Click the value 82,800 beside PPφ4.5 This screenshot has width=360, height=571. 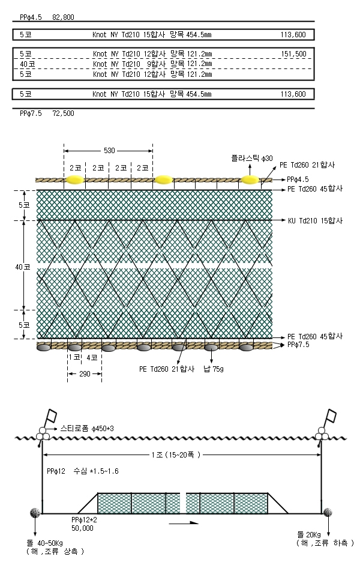[x=64, y=17]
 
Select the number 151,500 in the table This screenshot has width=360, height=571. [x=294, y=54]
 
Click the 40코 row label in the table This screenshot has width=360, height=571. [x=28, y=64]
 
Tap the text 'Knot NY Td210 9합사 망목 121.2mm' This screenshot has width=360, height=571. [x=152, y=64]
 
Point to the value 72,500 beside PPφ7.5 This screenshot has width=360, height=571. [x=64, y=113]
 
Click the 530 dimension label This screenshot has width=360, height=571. [x=109, y=150]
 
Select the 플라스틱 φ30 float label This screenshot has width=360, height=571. [x=252, y=158]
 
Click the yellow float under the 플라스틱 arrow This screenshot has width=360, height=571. [x=250, y=179]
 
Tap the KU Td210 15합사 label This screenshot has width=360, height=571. [x=315, y=221]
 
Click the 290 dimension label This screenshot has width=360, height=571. [x=85, y=373]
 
